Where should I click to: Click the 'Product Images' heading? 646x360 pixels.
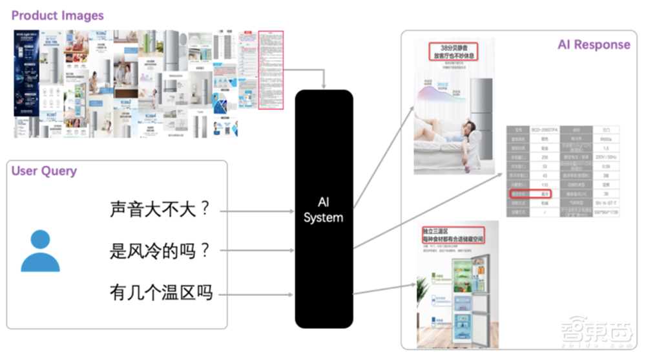click(x=57, y=15)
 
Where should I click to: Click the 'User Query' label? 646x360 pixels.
click(x=44, y=171)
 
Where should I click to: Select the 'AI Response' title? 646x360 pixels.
click(x=593, y=45)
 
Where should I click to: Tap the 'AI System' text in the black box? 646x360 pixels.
click(x=323, y=209)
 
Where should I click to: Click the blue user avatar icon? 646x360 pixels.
click(x=40, y=251)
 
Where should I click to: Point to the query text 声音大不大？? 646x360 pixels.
click(x=160, y=210)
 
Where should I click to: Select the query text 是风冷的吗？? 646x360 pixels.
click(x=160, y=251)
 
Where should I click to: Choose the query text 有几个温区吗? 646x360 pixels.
click(x=160, y=293)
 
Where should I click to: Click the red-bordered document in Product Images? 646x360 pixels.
click(x=271, y=69)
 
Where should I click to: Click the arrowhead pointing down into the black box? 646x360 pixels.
click(x=324, y=87)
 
